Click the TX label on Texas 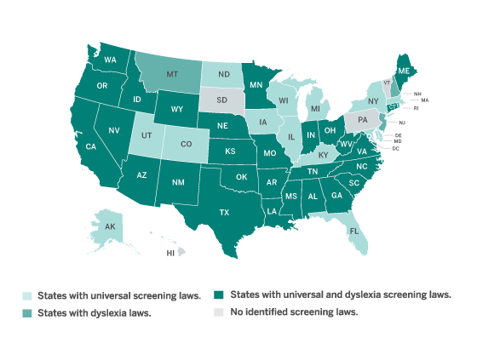pyautogui.click(x=225, y=212)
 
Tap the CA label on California pyautogui.click(x=90, y=146)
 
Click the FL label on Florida pyautogui.click(x=352, y=230)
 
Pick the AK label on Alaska pyautogui.click(x=111, y=227)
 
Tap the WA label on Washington pyautogui.click(x=110, y=60)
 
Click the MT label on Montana pyautogui.click(x=173, y=74)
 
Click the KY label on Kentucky pyautogui.click(x=323, y=155)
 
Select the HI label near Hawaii pyautogui.click(x=170, y=253)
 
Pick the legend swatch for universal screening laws pyautogui.click(x=27, y=296)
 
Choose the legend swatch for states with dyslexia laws pyautogui.click(x=27, y=313)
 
